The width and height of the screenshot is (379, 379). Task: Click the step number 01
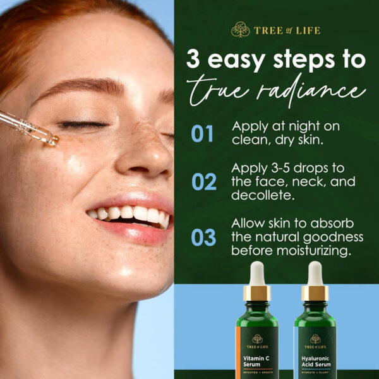coord(202,134)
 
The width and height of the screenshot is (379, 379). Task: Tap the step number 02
coord(203,182)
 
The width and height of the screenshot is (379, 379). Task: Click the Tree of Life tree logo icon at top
coord(240,30)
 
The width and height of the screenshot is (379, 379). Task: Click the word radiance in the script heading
coord(316,92)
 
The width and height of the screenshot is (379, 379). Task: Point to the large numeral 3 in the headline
coord(195,60)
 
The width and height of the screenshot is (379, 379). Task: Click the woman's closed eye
coord(83,124)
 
